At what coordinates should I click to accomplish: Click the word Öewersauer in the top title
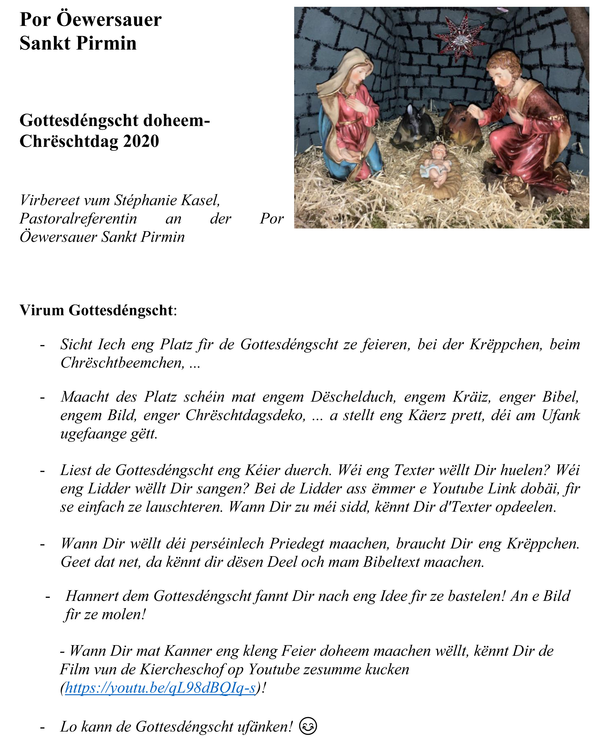click(109, 20)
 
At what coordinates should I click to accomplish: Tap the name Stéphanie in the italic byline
click(147, 200)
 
